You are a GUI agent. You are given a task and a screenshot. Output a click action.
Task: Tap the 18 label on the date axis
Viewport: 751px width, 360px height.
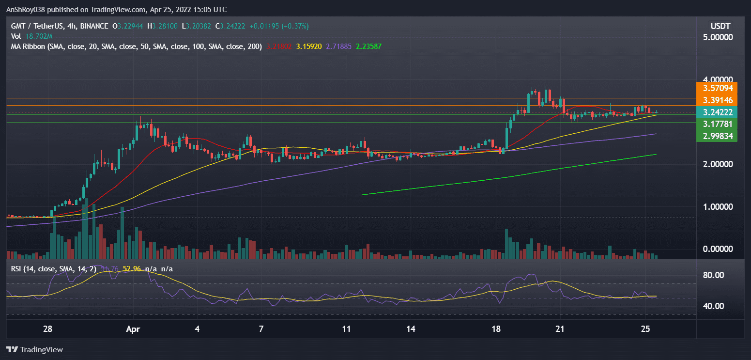(496, 329)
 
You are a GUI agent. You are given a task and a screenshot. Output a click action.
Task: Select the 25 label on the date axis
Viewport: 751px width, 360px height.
(644, 329)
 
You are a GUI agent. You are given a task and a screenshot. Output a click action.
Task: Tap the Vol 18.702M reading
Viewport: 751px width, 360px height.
(32, 36)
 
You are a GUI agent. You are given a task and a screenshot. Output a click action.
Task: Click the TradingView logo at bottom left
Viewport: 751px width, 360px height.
(35, 349)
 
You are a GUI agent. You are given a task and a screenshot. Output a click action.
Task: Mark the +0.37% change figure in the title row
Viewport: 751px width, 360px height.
(292, 26)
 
